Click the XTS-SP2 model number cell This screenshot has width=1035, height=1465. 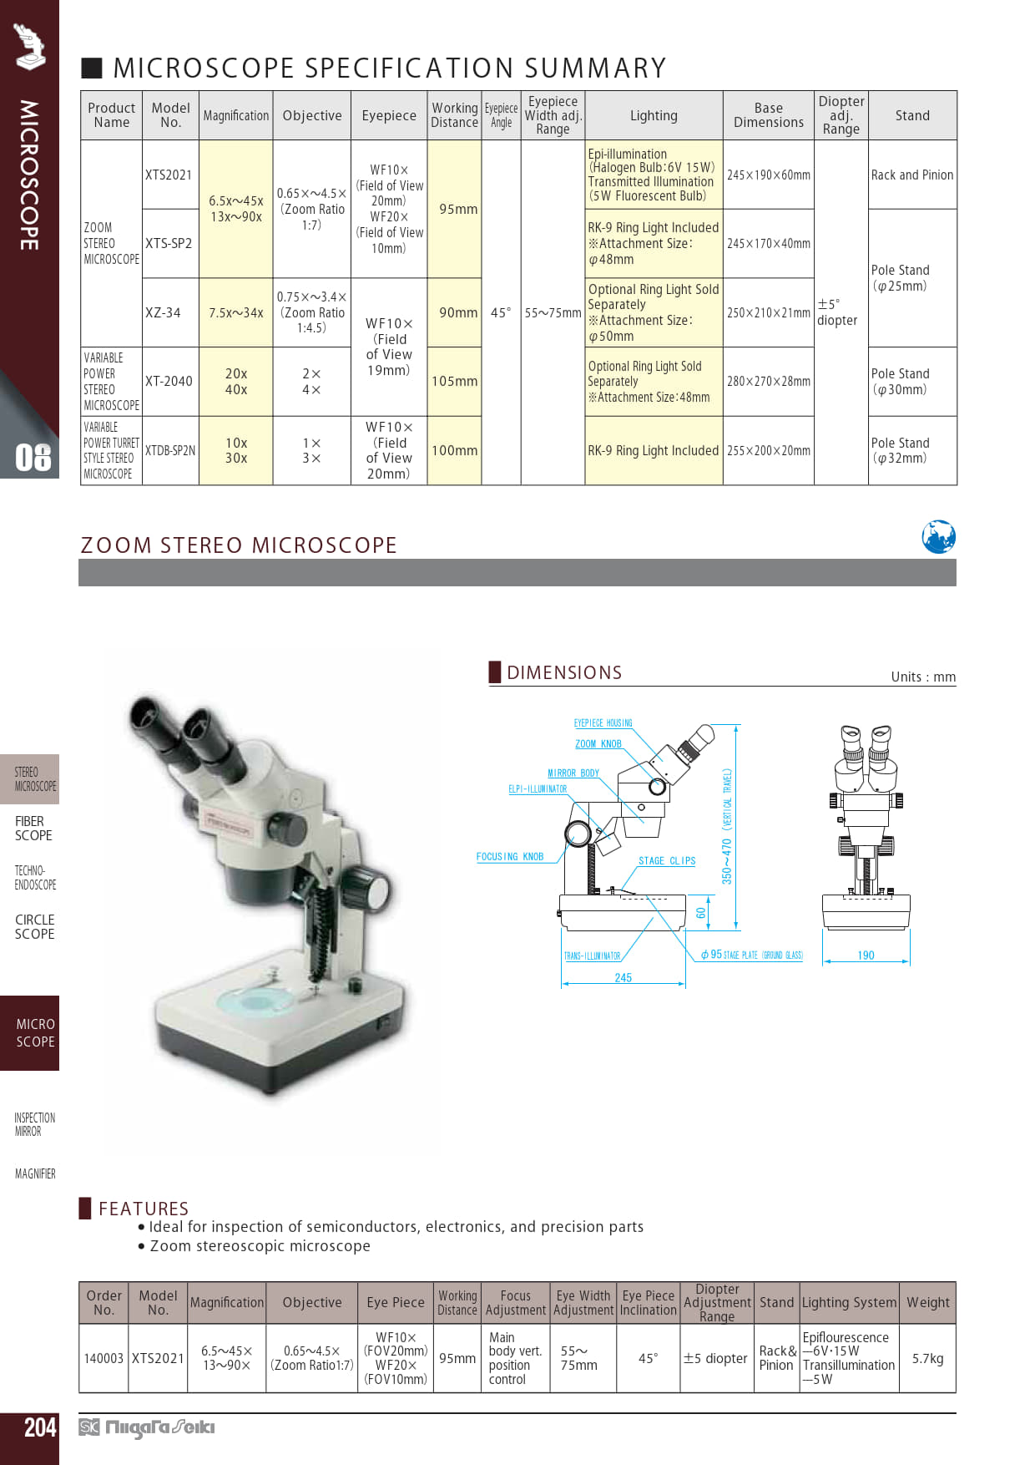coord(169,243)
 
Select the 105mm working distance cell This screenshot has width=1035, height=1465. coord(454,382)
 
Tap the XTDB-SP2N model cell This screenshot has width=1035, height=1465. coord(170,450)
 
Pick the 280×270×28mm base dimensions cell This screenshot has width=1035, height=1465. coord(768,382)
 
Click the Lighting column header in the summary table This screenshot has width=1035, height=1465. coord(654,115)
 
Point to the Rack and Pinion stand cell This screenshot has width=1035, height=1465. coord(912,175)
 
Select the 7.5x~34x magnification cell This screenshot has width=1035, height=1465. coord(236,312)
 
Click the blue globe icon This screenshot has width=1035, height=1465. coord(938,537)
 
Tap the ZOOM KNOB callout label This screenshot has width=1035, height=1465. coord(598,744)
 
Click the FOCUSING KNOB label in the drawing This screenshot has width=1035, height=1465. coord(509,857)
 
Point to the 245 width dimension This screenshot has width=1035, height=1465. coord(623,977)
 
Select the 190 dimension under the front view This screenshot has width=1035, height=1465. coord(866,956)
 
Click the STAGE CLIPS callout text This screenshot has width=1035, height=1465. coord(667,861)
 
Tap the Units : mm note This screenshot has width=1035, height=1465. coord(923,677)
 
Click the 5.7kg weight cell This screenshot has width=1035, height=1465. coord(927,1358)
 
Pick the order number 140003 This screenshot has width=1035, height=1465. coord(103,1358)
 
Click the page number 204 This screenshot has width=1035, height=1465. coord(40,1427)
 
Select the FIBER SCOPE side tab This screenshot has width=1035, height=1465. coord(33,829)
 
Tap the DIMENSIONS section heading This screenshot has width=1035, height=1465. coord(564,672)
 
